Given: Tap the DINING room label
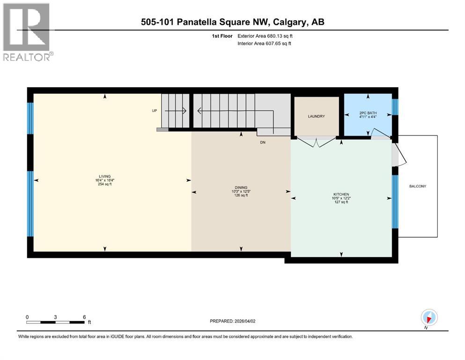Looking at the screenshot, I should coord(241,187).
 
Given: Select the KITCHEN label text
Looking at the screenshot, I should coord(341,194).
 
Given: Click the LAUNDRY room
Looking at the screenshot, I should coord(316,116).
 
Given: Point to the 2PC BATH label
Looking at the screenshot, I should coord(368,113).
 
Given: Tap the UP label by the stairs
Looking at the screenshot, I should coord(154,111).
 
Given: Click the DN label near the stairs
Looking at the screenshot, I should coord(263,142).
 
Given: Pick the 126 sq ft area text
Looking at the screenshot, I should coord(241,195).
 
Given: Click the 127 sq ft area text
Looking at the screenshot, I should coord(341,202).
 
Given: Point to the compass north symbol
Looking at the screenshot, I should coord(429,318).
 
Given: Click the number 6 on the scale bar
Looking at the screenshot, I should coord(84,317).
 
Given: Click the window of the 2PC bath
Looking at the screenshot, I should coord(395,107).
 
